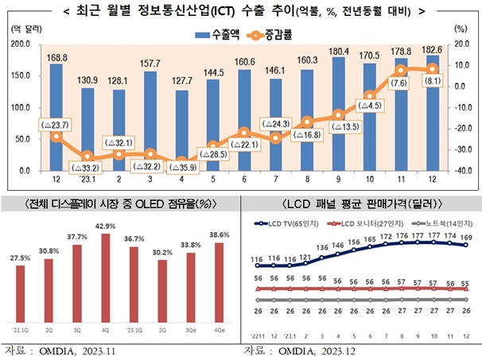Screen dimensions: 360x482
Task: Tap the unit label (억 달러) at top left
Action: tap(21, 28)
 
